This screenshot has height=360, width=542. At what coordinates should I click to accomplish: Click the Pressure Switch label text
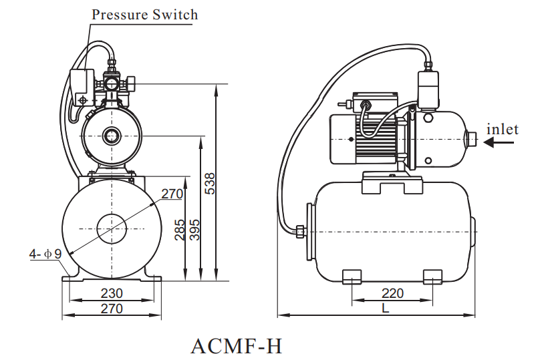[144, 14]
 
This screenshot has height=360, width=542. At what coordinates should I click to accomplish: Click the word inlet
[502, 129]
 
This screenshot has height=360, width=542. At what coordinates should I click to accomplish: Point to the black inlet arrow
[498, 142]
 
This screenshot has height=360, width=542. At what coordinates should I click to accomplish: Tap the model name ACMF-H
[237, 346]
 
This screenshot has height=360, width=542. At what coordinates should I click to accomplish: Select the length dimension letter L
[386, 308]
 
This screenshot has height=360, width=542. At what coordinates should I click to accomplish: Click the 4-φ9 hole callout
[45, 254]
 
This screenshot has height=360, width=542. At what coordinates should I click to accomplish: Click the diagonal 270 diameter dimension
[172, 194]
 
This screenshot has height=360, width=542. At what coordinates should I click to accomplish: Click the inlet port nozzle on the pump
[470, 140]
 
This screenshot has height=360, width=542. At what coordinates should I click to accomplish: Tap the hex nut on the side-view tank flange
[300, 232]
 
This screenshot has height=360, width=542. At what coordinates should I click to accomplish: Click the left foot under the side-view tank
[352, 276]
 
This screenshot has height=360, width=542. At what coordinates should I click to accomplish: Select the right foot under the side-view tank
[432, 276]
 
